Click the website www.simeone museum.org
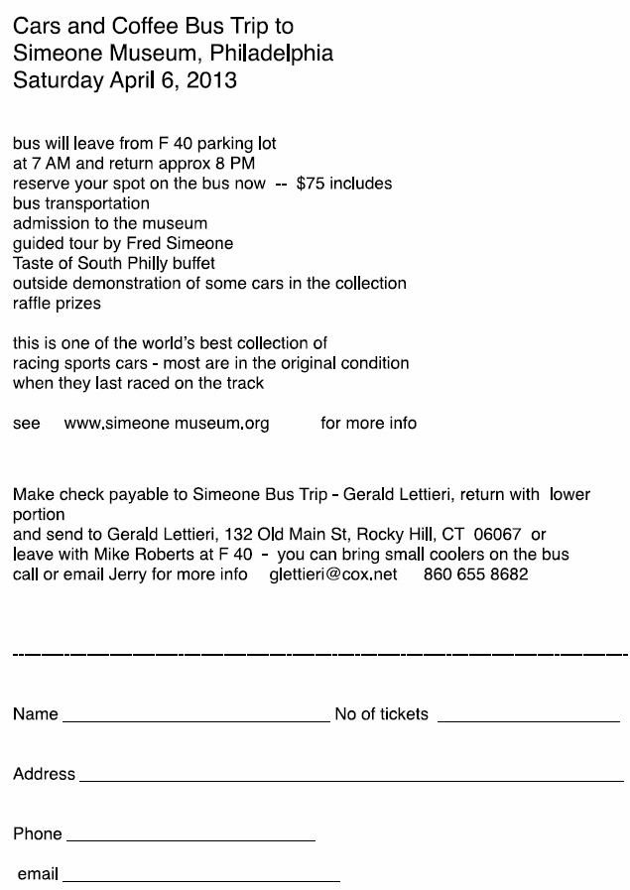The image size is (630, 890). coord(167,424)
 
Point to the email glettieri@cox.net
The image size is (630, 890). coord(333,574)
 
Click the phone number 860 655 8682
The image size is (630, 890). coord(476,574)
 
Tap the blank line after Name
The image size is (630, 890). coord(195,721)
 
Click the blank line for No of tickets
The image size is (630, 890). coord(528,721)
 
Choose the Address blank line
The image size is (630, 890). coord(350,781)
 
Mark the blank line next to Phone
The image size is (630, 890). coord(189,840)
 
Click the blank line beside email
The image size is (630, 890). coord(200,881)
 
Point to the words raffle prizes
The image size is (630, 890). coord(57,304)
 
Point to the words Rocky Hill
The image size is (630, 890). coord(389,535)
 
